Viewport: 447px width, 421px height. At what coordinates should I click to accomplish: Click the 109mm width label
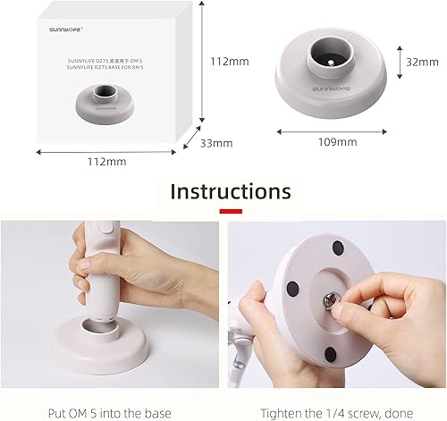coord(339,141)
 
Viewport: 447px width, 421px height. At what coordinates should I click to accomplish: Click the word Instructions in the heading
coord(231,191)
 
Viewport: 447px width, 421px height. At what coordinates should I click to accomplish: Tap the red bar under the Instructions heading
coord(231,211)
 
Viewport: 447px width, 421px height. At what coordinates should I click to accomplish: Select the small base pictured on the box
coord(106,104)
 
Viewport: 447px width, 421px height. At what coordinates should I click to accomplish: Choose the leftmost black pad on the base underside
coord(294,288)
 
